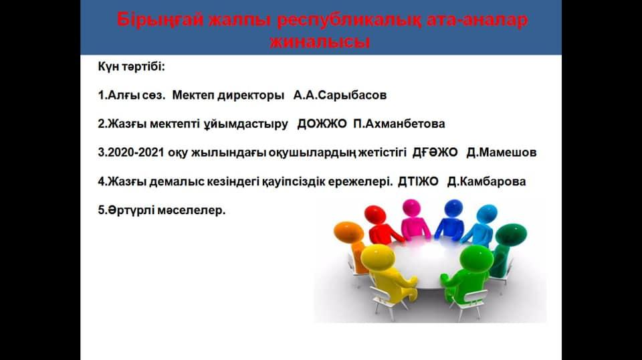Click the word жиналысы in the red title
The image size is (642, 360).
[x=320, y=41]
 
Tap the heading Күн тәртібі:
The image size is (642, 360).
[x=132, y=66]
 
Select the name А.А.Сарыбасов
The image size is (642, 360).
[x=340, y=95]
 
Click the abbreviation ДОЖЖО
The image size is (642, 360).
[x=322, y=124]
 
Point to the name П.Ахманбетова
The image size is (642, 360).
[x=399, y=124]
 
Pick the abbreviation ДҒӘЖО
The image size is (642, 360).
[x=435, y=153]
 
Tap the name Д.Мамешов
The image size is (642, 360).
[x=501, y=153]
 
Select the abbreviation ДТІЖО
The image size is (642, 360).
[x=418, y=181]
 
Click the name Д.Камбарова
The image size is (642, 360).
[x=486, y=181]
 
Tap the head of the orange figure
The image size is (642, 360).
[x=349, y=232]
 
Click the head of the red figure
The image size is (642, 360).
[x=375, y=215]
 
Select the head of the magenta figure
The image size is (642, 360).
[x=411, y=207]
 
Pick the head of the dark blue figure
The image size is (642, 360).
[x=453, y=208]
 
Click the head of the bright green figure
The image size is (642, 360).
[x=475, y=259]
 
